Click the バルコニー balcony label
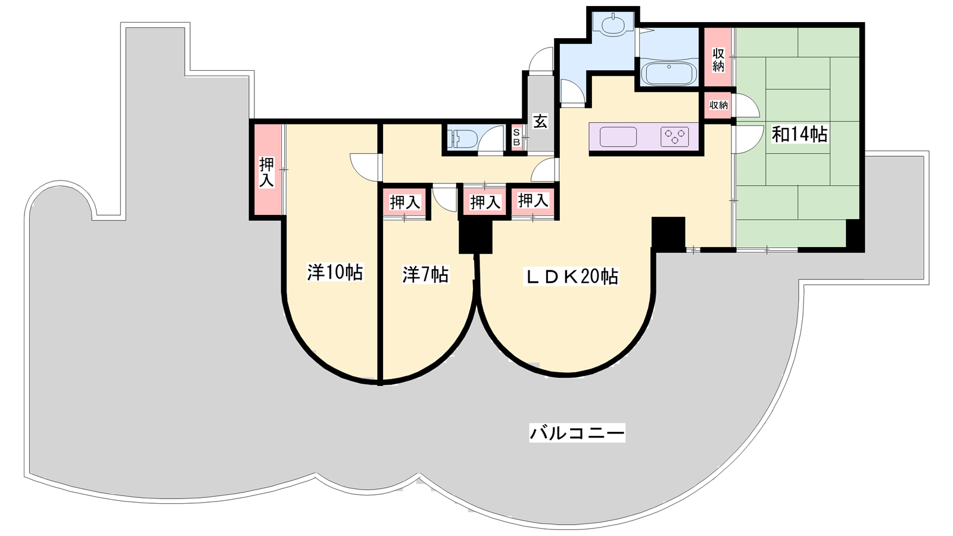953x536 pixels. pos(577,432)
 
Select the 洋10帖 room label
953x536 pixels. pos(335,272)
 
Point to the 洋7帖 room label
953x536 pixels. pos(425,275)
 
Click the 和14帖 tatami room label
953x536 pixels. pos(799,135)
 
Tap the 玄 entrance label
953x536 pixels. pos(540,121)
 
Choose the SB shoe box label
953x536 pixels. pos(516,138)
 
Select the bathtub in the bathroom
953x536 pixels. pos(669,74)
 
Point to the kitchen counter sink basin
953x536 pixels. pos(618,137)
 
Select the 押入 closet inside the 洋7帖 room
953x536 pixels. pos(405,202)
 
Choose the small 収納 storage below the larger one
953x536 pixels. pos(718,105)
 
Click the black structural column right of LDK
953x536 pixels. pos(668,234)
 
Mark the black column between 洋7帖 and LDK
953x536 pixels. pos(475,236)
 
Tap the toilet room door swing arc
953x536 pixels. pos(491,139)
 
